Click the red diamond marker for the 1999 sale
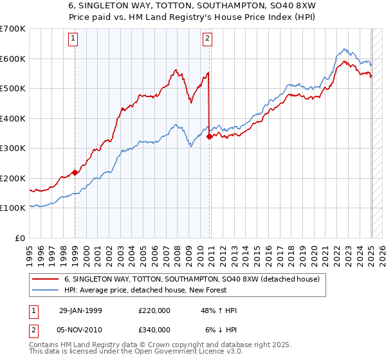click(x=75, y=172)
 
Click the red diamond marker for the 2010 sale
click(x=210, y=136)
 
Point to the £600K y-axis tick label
click(x=14, y=59)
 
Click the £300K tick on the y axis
click(x=14, y=148)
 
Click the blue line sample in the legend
click(x=46, y=291)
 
